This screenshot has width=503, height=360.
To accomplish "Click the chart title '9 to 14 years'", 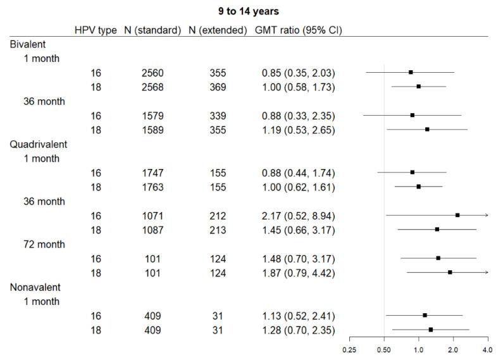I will pos(252,11).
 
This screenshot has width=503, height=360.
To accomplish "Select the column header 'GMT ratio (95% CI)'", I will pos(298,30).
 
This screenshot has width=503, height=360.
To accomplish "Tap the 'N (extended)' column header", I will pos(217,30).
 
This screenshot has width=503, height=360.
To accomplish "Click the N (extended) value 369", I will pos(217,87).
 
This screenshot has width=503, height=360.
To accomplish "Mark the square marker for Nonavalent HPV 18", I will pos(431,330).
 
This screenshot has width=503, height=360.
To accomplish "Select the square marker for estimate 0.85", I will pos(411,72).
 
